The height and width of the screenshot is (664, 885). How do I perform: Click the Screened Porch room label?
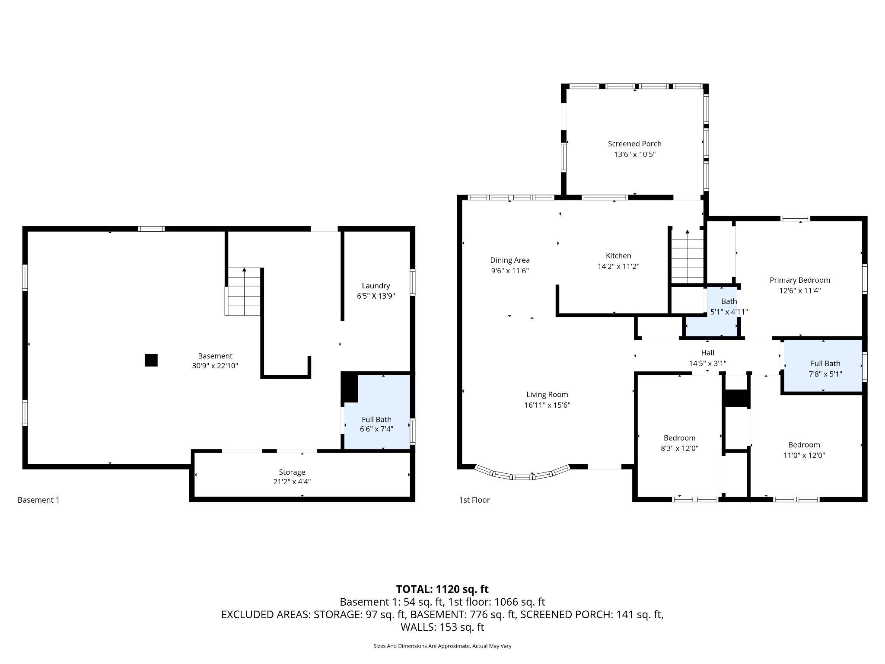tap(634, 144)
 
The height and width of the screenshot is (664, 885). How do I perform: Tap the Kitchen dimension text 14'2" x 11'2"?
tap(618, 266)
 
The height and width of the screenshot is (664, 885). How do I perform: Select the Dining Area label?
tap(509, 260)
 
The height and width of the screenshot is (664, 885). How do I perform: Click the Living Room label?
tap(547, 394)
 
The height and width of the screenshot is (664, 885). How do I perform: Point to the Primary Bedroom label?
tap(799, 280)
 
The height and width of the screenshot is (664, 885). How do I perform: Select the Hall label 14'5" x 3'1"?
tap(707, 358)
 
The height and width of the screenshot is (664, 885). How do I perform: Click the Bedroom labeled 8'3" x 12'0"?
tap(679, 443)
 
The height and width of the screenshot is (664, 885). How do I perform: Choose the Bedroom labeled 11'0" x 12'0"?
tap(804, 450)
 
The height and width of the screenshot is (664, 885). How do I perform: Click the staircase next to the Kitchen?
tap(687, 259)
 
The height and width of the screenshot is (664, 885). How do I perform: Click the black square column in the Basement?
tap(151, 360)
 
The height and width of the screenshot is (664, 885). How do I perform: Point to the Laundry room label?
tap(376, 286)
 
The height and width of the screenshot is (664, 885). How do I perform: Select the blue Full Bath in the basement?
tap(376, 424)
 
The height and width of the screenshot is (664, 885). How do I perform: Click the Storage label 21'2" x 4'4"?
tap(292, 476)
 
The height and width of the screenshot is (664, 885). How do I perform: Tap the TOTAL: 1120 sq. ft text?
tap(442, 589)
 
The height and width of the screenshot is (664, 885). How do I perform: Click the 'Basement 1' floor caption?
tap(38, 500)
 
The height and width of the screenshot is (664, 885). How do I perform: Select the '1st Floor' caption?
tap(474, 500)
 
